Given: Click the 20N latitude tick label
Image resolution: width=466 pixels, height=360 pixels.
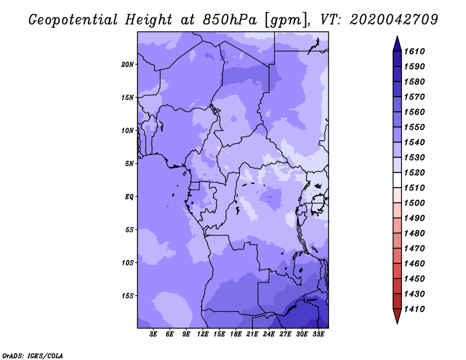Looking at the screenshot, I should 128,64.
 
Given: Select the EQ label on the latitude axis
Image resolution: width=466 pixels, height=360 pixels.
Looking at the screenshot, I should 129,196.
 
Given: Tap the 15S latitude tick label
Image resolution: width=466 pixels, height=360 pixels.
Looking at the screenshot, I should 128,295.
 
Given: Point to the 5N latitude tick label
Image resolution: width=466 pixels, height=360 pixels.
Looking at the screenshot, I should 129,164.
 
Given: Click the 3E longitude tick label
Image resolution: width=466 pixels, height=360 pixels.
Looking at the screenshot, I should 154,334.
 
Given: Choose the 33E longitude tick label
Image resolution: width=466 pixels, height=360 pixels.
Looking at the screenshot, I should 319,334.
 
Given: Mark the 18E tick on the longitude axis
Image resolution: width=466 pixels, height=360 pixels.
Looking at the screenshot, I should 236,334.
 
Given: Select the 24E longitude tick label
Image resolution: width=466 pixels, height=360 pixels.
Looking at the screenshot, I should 269,334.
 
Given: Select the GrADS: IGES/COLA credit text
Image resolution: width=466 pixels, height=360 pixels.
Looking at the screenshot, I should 33,355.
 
